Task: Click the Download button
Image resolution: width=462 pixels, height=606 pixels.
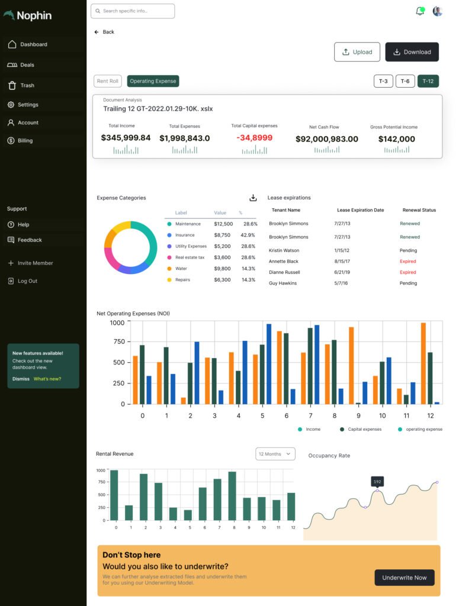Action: pyautogui.click(x=412, y=52)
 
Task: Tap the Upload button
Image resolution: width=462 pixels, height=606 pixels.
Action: pyautogui.click(x=357, y=52)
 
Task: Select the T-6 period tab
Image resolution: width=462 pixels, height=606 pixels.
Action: pyautogui.click(x=405, y=81)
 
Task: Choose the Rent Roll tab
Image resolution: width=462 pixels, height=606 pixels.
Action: pyautogui.click(x=108, y=81)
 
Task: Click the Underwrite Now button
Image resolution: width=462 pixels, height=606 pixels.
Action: pyautogui.click(x=405, y=578)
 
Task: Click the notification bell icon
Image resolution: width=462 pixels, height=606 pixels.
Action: pyautogui.click(x=420, y=11)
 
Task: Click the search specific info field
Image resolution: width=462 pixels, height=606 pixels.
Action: pyautogui.click(x=133, y=11)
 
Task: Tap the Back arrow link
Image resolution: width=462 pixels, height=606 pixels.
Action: pyautogui.click(x=104, y=32)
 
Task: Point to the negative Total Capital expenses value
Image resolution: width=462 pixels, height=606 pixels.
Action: pyautogui.click(x=254, y=138)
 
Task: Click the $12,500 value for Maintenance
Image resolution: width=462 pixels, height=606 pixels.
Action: pyautogui.click(x=223, y=224)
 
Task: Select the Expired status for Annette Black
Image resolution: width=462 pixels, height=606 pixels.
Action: pyautogui.click(x=408, y=261)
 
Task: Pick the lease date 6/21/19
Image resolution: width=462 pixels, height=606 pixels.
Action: pyautogui.click(x=342, y=272)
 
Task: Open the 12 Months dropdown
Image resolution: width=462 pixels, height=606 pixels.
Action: pyautogui.click(x=275, y=454)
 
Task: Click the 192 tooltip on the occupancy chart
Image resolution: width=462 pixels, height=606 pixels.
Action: pyautogui.click(x=377, y=482)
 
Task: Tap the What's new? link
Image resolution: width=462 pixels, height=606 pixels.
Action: pyautogui.click(x=47, y=379)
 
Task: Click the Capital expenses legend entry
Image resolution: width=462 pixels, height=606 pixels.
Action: pyautogui.click(x=361, y=429)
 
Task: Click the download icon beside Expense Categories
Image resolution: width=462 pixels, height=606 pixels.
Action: pyautogui.click(x=253, y=198)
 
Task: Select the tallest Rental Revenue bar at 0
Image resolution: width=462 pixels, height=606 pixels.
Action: pyautogui.click(x=114, y=495)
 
